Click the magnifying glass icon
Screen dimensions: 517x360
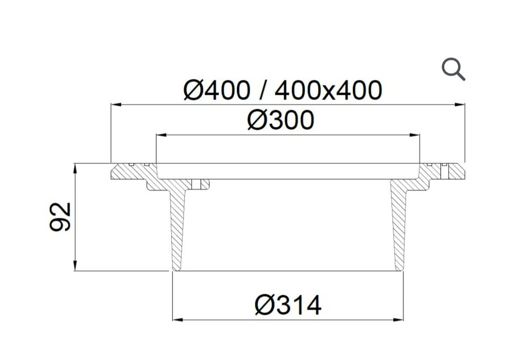[453, 70]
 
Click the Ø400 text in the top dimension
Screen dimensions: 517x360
[216, 90]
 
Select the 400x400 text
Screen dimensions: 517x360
[329, 90]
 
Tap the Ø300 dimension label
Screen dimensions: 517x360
[281, 120]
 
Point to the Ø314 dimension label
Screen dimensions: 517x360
[288, 305]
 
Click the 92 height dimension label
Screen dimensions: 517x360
[60, 217]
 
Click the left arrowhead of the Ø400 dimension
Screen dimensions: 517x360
[116, 105]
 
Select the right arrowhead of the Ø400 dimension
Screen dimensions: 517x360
[459, 105]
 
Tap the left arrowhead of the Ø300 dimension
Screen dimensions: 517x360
[161, 135]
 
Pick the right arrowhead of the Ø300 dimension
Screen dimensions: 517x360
[414, 135]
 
